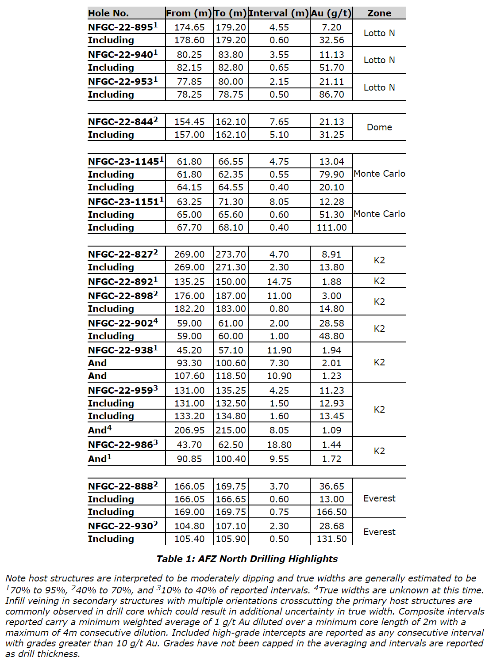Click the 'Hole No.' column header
pyautogui.click(x=108, y=13)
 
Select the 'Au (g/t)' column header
pyautogui.click(x=331, y=13)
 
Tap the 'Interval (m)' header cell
pyautogui.click(x=279, y=13)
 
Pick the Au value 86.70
pyautogui.click(x=331, y=95)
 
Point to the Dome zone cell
pyautogui.click(x=379, y=127)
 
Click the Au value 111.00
pyautogui.click(x=331, y=228)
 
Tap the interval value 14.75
pyautogui.click(x=279, y=282)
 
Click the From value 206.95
pyautogui.click(x=189, y=430)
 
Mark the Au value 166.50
pyautogui.click(x=331, y=512)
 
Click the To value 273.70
pyautogui.click(x=231, y=254)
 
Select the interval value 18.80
pyautogui.click(x=279, y=445)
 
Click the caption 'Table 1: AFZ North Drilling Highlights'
pyautogui.click(x=247, y=559)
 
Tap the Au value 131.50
pyautogui.click(x=331, y=539)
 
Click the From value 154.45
pyautogui.click(x=189, y=122)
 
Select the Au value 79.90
pyautogui.click(x=331, y=175)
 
